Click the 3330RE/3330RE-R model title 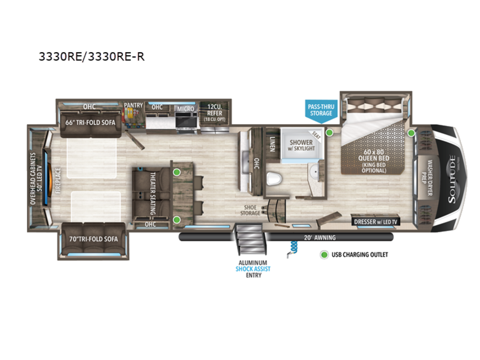[x=92, y=57]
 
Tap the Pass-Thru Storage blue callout [x=321, y=110]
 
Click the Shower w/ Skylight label [x=301, y=145]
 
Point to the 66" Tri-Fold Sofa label [x=90, y=123]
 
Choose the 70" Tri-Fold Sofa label [x=93, y=239]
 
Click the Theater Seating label [x=153, y=194]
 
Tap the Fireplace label [x=58, y=180]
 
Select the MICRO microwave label [x=186, y=109]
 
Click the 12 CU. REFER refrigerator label [x=214, y=113]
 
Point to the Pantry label [x=133, y=105]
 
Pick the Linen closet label [x=272, y=144]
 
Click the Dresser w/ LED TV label [x=376, y=222]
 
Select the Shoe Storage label [x=250, y=210]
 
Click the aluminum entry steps [x=251, y=239]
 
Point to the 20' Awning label [x=320, y=238]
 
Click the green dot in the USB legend [x=324, y=255]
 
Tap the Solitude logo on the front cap [x=452, y=179]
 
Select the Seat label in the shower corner [x=316, y=135]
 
